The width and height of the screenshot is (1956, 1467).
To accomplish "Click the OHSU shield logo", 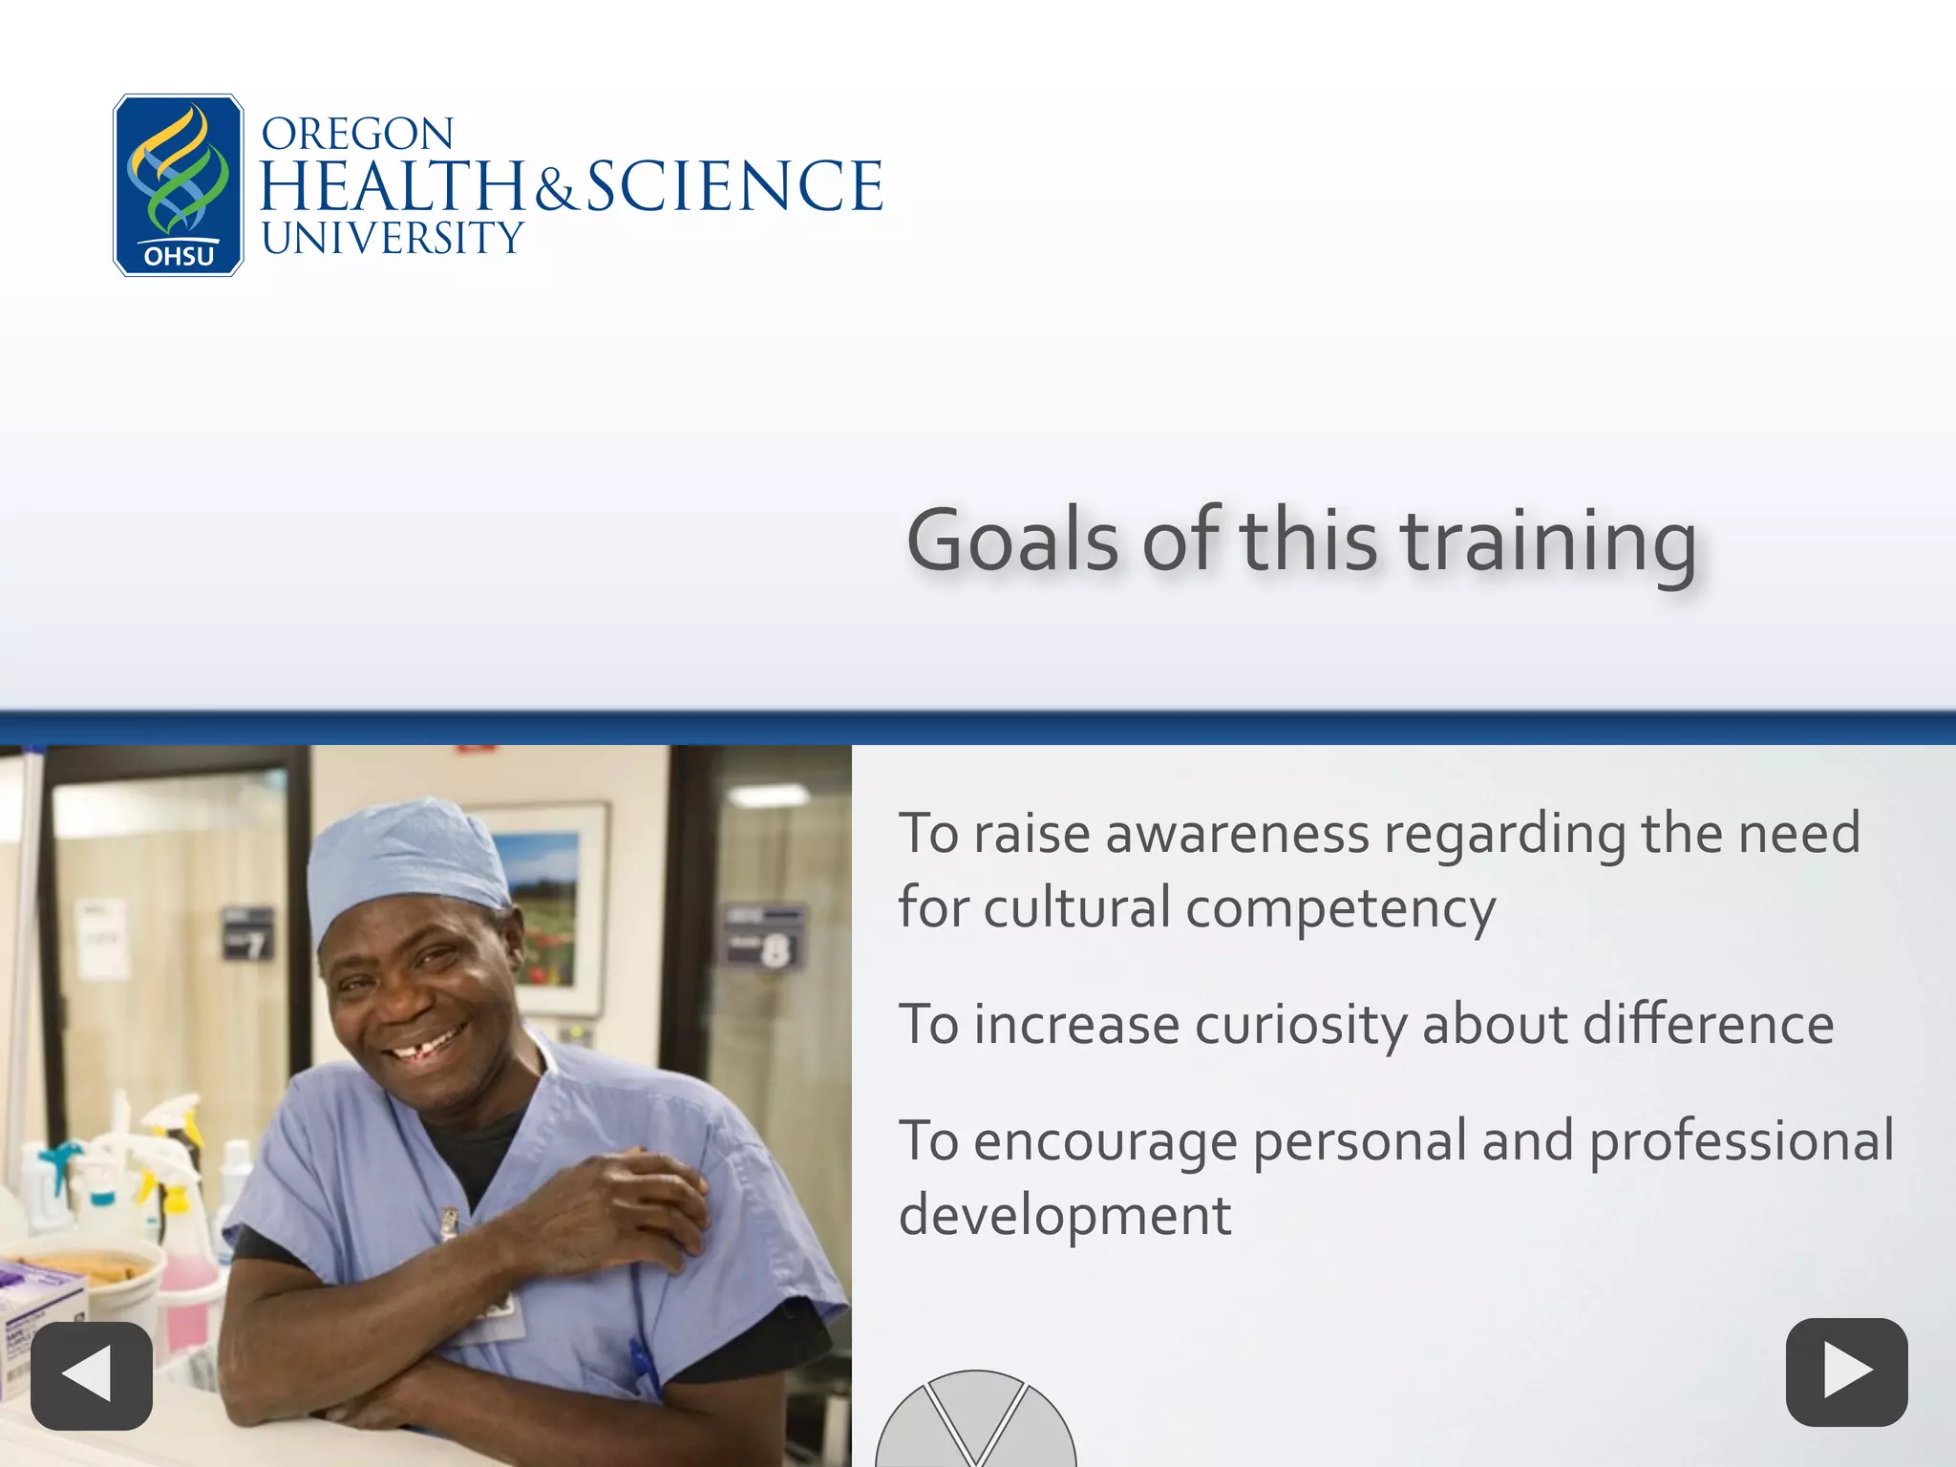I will pyautogui.click(x=179, y=185).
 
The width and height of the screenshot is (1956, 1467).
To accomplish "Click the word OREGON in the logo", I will pyautogui.click(x=357, y=135).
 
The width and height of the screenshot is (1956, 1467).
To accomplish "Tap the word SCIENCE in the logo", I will pyautogui.click(x=733, y=186).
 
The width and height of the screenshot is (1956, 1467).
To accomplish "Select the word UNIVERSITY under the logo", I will pyautogui.click(x=393, y=239).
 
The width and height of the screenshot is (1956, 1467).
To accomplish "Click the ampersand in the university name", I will pyautogui.click(x=555, y=189).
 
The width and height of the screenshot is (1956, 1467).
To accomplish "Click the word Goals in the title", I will pyautogui.click(x=1012, y=541).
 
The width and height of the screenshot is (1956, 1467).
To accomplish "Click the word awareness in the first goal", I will pyautogui.click(x=1237, y=834).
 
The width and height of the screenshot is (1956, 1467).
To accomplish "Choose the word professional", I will pyautogui.click(x=1741, y=1141).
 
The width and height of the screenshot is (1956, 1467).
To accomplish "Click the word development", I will pyautogui.click(x=1065, y=1216).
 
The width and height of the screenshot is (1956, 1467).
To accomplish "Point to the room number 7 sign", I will pyautogui.click(x=247, y=934).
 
